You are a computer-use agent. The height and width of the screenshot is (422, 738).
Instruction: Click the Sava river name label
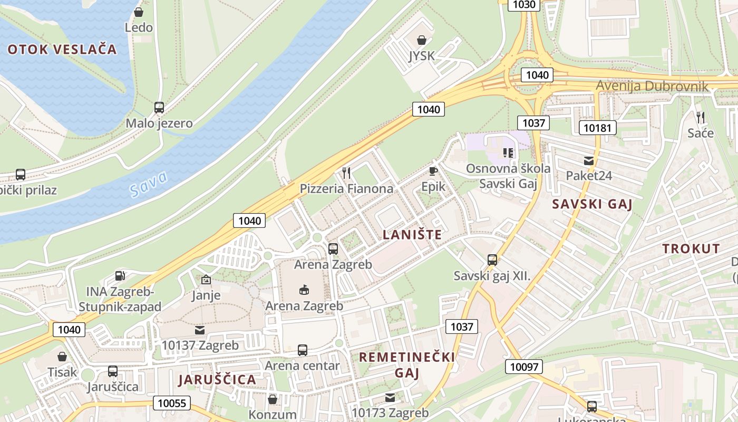click(149, 184)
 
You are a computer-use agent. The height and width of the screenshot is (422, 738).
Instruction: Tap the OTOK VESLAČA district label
click(62, 50)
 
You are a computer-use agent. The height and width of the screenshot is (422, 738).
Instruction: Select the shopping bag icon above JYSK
click(422, 40)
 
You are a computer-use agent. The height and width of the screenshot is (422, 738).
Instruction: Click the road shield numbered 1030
click(523, 5)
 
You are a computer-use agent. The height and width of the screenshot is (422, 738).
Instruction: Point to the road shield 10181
click(597, 128)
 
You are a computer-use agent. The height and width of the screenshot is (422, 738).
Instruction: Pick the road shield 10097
click(523, 367)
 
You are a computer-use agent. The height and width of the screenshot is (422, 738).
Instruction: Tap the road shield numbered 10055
click(172, 403)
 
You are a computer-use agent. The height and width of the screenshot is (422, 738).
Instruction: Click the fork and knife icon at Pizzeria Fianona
click(346, 172)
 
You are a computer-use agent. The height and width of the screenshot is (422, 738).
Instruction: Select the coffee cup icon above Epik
click(433, 171)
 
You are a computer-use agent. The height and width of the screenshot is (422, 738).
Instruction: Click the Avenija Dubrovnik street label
click(652, 86)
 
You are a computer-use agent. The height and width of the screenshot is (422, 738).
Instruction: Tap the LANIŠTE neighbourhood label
click(412, 235)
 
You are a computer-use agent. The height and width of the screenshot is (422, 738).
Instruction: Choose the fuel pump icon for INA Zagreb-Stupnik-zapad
click(120, 275)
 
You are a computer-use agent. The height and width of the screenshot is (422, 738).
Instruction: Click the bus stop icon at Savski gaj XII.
click(492, 260)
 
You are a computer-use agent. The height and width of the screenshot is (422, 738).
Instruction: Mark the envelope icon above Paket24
click(589, 161)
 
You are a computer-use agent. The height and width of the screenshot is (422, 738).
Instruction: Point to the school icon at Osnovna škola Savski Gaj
click(508, 153)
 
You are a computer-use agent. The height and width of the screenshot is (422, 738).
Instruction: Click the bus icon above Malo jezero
click(159, 108)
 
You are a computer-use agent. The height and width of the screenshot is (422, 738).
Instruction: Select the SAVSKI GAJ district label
click(591, 205)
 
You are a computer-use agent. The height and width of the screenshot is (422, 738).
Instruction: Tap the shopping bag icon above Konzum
click(273, 399)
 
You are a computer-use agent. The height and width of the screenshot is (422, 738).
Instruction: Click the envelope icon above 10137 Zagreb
click(200, 330)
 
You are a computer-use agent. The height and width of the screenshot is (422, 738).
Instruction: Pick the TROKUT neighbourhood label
click(691, 249)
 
